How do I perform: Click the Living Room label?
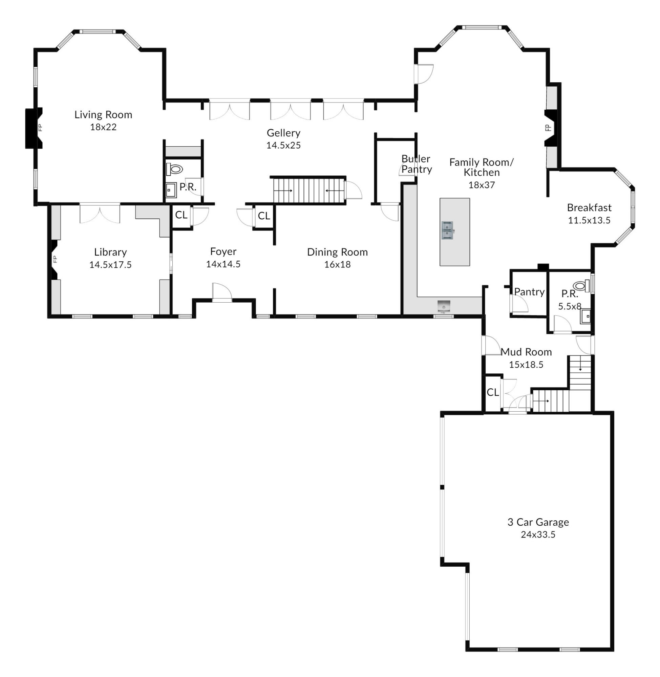point(103,115)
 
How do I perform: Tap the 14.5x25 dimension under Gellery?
point(283,145)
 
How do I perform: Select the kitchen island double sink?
point(448,231)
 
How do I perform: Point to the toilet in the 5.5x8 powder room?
point(582,286)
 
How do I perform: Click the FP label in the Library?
point(55,259)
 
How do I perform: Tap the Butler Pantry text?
point(416,164)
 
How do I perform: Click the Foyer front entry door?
point(222,293)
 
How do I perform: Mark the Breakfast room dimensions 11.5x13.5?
point(589,220)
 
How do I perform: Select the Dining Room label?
point(337,252)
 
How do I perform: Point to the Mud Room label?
point(526,352)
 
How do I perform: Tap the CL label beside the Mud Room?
point(493,392)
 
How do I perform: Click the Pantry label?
point(529,292)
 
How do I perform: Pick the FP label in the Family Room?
point(548,128)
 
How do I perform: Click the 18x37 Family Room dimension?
point(482,185)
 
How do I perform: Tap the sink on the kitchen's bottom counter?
point(444,306)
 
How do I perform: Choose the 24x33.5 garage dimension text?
point(538,534)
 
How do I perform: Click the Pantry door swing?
point(519,304)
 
